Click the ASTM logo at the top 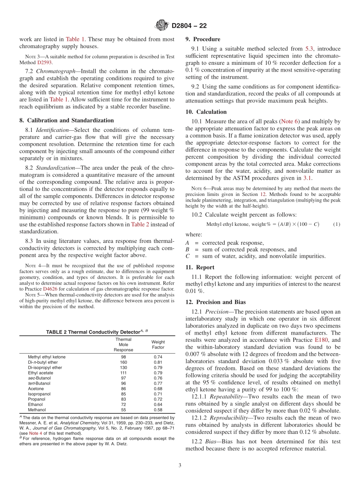[162, 26]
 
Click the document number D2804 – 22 [189, 26]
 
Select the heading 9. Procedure [203, 39]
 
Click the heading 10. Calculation [206, 112]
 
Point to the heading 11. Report [200, 267]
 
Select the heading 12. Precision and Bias [215, 302]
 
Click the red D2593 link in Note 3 [44, 62]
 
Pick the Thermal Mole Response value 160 [124, 362]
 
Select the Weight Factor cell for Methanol [158, 410]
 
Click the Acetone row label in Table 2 [36, 388]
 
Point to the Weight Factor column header [158, 344]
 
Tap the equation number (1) [337, 224]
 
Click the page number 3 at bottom [180, 465]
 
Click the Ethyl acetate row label [40, 373]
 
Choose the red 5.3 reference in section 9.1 [310, 49]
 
